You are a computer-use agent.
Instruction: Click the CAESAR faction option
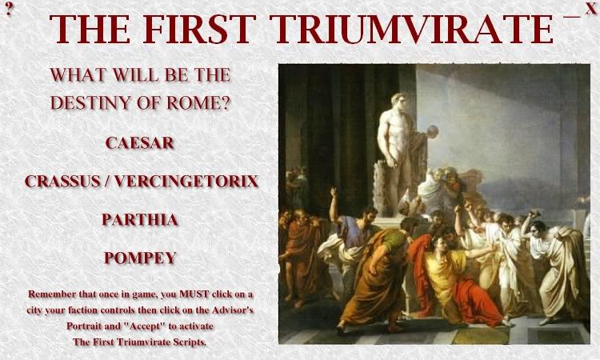point(140,143)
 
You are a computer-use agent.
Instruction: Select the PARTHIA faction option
point(140,219)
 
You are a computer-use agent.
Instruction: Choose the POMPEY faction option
point(140,258)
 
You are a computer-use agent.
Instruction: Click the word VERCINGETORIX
point(186,181)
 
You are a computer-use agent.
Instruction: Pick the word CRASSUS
point(62,181)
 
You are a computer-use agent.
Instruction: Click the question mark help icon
point(9,9)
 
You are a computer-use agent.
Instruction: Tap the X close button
point(590,9)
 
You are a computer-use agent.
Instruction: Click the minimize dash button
point(572,17)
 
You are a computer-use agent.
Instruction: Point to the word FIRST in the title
point(199,29)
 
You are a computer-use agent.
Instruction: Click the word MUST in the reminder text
point(194,294)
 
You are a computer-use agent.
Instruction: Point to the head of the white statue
point(399,102)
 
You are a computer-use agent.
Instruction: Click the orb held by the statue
point(433,131)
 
